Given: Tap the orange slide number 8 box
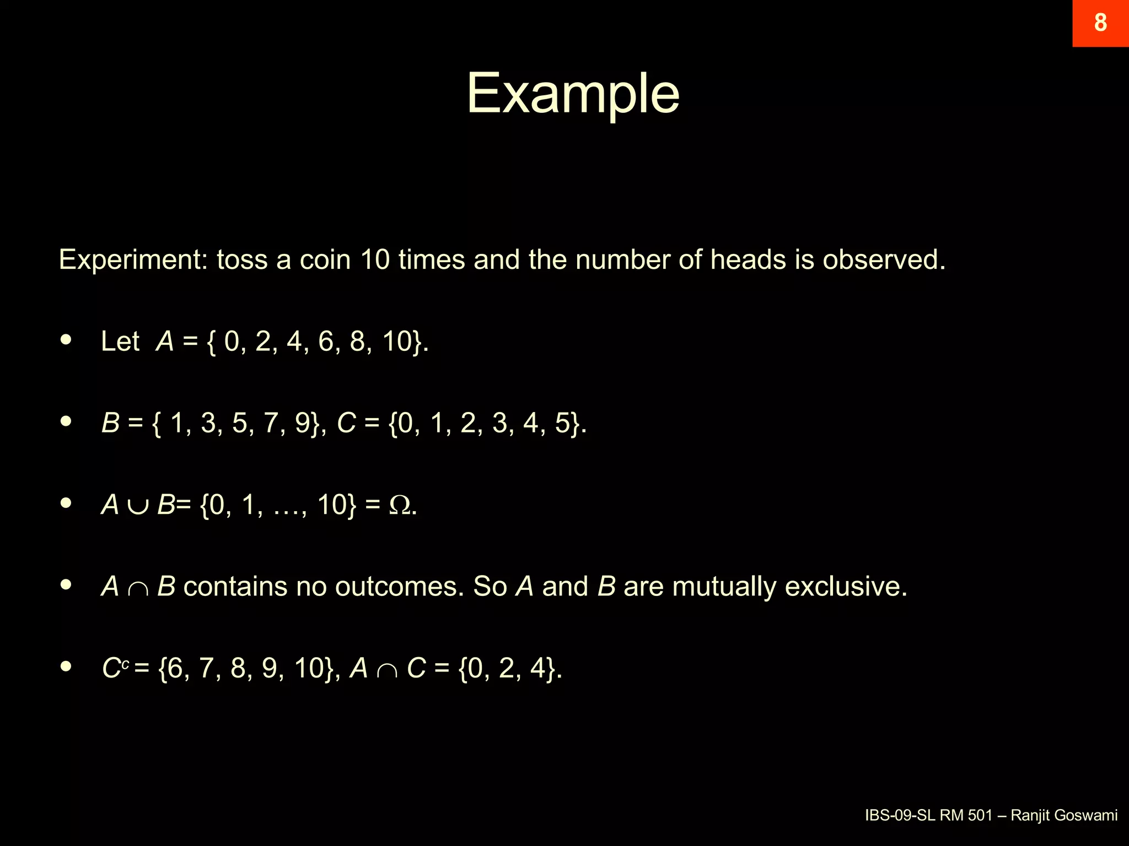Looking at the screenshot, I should point(1100,23).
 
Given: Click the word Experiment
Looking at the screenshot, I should point(133,260).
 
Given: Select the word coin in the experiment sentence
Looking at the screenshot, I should point(325,259).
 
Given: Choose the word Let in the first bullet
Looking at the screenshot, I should point(120,341).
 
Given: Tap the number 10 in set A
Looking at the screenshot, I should point(397,341).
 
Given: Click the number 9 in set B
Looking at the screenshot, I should point(302,422).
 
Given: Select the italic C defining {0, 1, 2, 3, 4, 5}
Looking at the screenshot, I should point(346,422).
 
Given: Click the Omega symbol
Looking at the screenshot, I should point(400,505).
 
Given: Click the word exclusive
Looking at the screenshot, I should point(845,586).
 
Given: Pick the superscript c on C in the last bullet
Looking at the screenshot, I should point(126,664).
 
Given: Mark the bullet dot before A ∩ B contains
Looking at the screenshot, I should point(66,584).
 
